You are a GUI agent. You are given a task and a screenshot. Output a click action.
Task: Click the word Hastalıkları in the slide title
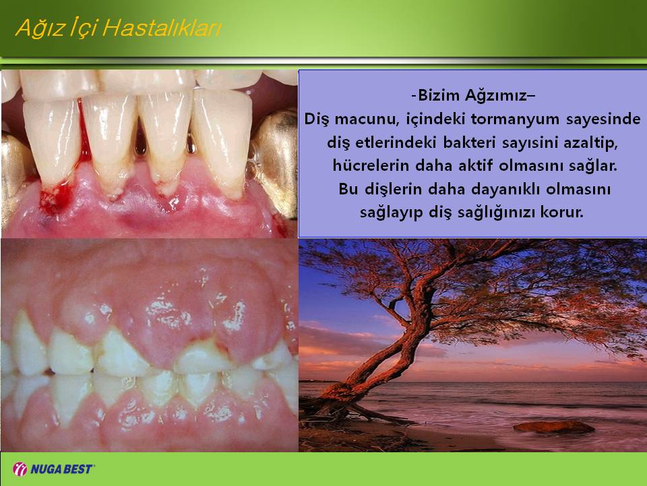162,28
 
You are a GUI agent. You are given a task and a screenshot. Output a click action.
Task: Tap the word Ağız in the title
39,29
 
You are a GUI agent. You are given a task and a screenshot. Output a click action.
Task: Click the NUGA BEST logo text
62,469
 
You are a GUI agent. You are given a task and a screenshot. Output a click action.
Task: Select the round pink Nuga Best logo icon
20,469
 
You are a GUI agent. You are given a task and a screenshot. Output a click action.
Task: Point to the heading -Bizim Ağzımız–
473,95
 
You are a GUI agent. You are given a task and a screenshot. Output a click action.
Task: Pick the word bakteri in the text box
466,142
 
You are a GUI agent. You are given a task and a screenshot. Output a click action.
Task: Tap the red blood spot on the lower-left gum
56,198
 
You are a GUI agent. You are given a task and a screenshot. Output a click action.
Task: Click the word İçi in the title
83,28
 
